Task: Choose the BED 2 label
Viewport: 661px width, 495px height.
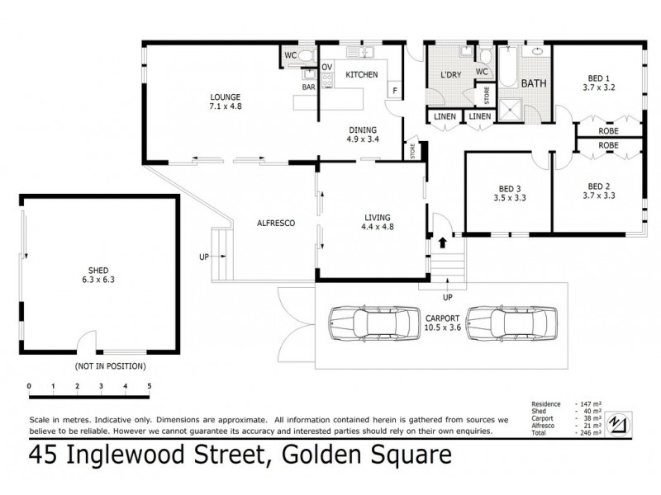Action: point(600,186)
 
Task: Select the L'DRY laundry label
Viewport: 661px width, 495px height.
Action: point(450,75)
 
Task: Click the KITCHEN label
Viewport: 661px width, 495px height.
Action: point(361,75)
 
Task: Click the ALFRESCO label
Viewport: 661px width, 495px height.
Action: point(276,224)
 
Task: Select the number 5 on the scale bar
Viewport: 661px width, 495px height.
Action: point(150,385)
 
